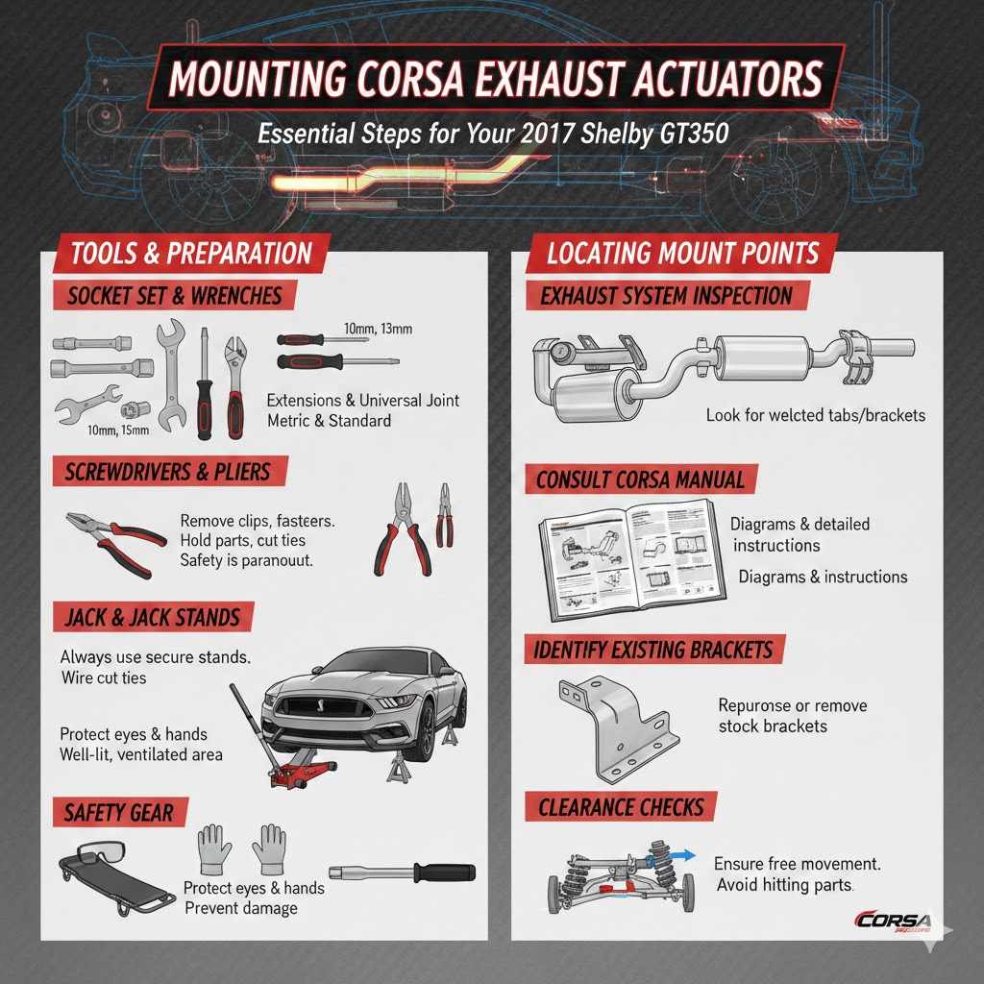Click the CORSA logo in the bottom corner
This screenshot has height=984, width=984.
(x=891, y=921)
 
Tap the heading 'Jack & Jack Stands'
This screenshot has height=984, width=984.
(x=151, y=617)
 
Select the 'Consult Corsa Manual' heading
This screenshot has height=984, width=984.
(x=641, y=480)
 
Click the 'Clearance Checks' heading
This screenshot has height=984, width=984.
(x=621, y=807)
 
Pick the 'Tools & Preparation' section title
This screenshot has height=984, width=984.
(x=191, y=254)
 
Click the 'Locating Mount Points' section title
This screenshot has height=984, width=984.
(x=682, y=254)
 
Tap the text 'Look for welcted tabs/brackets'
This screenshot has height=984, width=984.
(x=815, y=416)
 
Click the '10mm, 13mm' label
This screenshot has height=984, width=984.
(x=377, y=330)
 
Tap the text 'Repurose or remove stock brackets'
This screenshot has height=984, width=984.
(x=792, y=716)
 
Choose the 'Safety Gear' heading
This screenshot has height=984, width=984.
(x=119, y=813)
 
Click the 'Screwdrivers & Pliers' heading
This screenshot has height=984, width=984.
(x=168, y=472)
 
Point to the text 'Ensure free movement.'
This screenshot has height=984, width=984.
(x=790, y=864)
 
